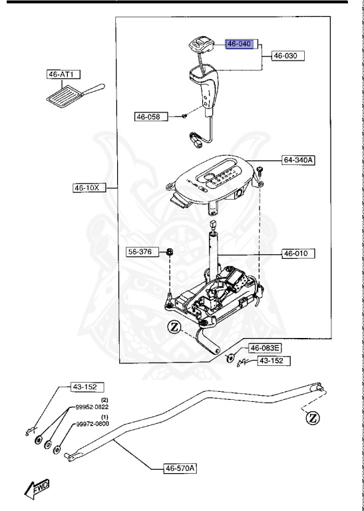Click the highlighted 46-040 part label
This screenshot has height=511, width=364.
point(240,45)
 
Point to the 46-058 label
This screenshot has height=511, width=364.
point(150,117)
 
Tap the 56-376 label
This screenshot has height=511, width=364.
point(140,252)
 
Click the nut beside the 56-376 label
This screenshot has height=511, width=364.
point(170,252)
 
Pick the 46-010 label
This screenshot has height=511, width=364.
point(299,254)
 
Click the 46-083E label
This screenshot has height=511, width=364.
point(264,348)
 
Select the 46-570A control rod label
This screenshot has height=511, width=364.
point(182,468)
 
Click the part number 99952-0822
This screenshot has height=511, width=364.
point(92,406)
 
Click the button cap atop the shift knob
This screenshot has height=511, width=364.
point(200,46)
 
